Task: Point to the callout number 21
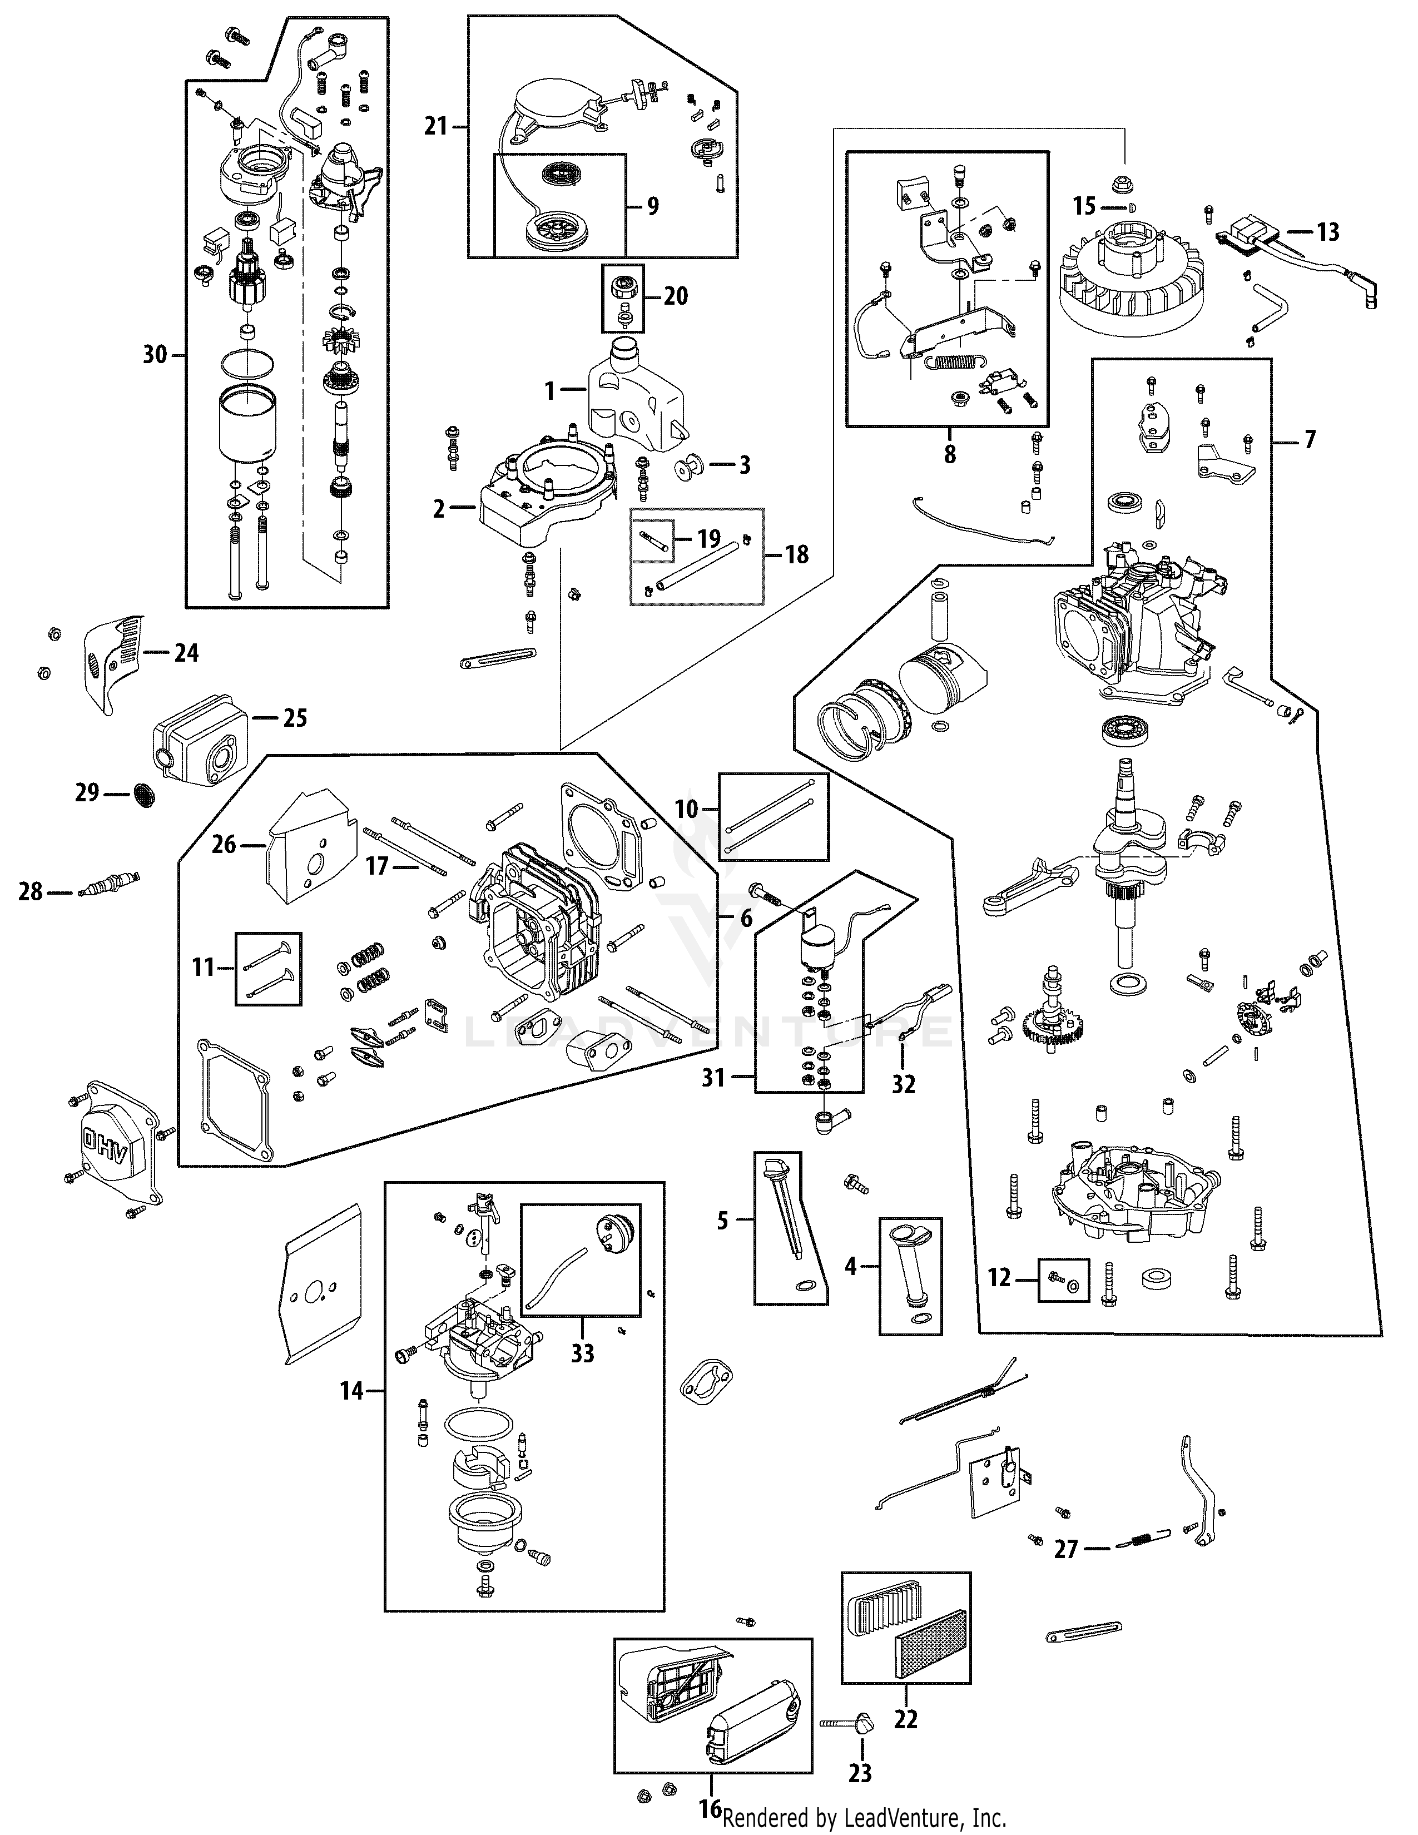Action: click(435, 127)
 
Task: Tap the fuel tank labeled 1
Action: click(634, 399)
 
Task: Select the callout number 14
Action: click(351, 1391)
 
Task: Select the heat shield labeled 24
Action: click(116, 657)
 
